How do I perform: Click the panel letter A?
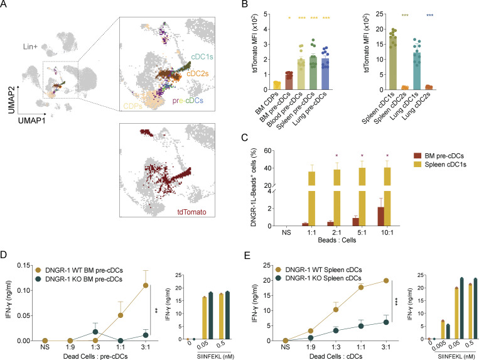click(6, 5)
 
